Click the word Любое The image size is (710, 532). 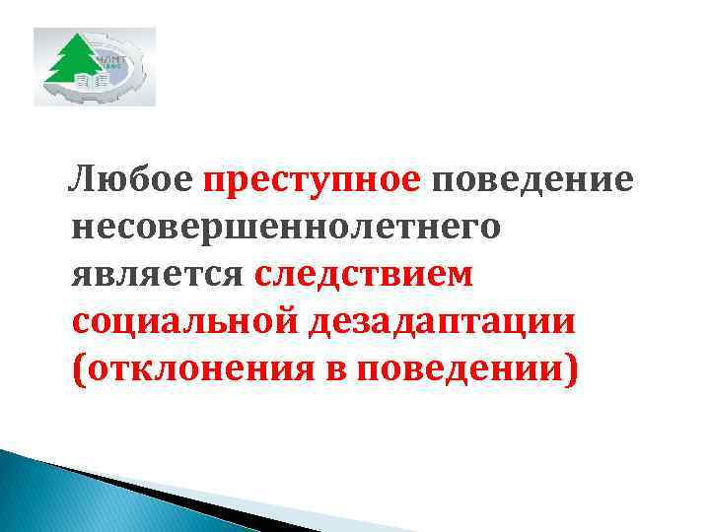pos(130,180)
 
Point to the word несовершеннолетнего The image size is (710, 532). pos(286,228)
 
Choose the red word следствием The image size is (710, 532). pos(363,274)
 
